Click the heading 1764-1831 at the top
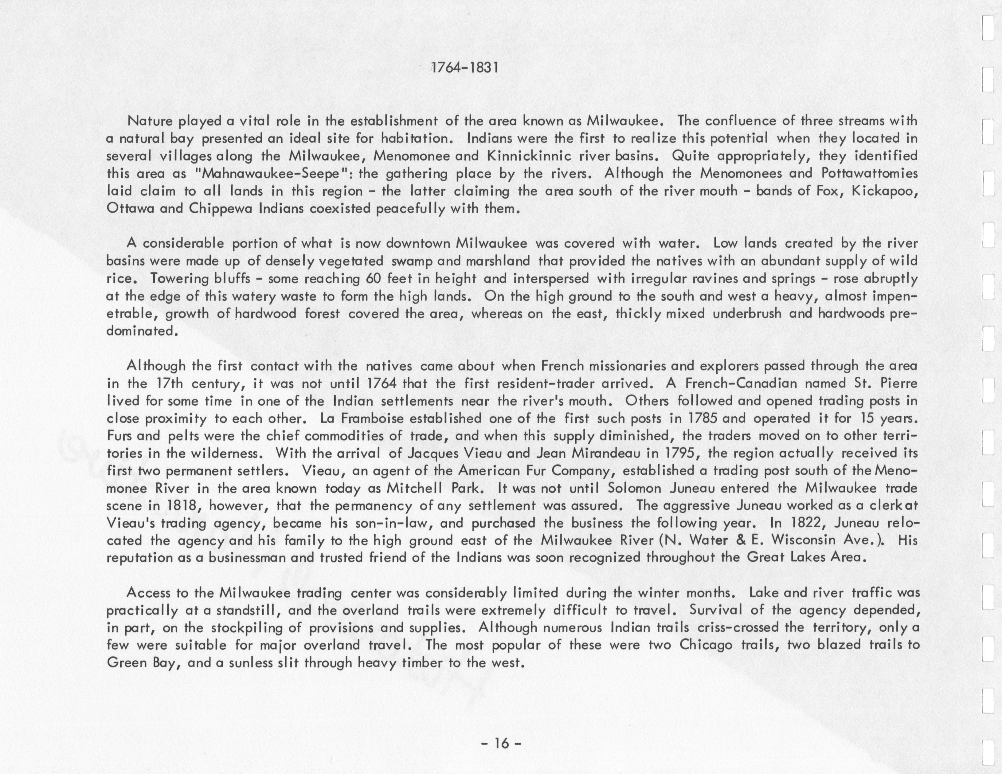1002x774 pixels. click(465, 68)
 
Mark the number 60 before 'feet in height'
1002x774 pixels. click(374, 278)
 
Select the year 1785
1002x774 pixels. click(705, 418)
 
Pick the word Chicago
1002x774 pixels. click(706, 645)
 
